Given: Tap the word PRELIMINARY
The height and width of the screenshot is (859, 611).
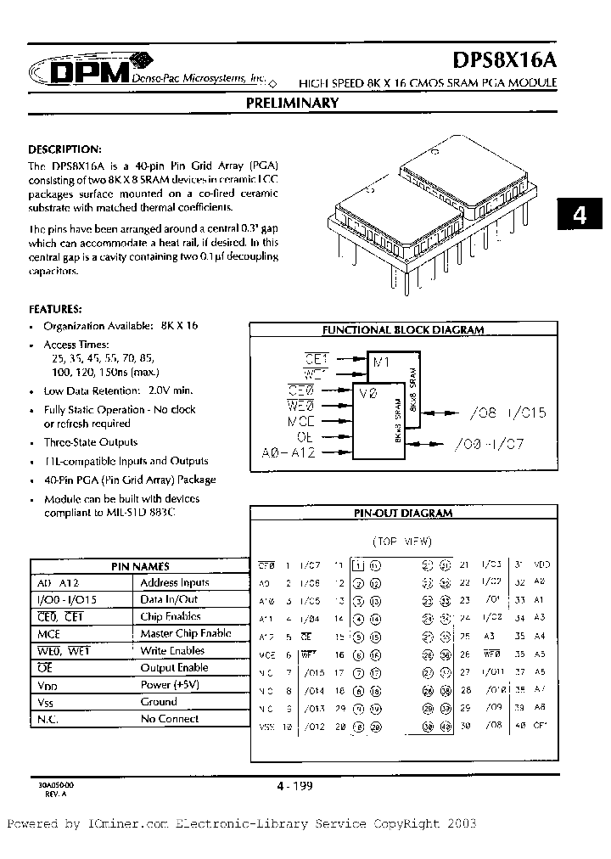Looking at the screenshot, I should tap(292, 104).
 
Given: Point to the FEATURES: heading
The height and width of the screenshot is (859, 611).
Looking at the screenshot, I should tap(56, 309).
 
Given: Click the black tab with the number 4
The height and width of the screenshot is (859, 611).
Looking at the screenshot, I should tap(580, 216).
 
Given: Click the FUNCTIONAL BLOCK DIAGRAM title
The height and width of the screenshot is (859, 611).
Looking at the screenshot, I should tap(403, 330).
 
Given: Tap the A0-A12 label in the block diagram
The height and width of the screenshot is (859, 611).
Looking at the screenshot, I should tap(289, 453).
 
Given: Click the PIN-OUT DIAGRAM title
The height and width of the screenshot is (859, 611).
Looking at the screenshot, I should tap(403, 513).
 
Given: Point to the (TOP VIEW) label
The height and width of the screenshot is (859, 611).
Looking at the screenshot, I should tap(402, 542).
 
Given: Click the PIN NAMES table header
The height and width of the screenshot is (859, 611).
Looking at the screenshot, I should tap(141, 566).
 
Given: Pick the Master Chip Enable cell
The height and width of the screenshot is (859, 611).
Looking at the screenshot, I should tap(186, 634).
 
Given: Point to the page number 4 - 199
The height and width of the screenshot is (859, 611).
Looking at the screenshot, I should tap(294, 786).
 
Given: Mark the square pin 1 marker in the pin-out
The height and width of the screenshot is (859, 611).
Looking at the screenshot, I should tap(358, 565).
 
